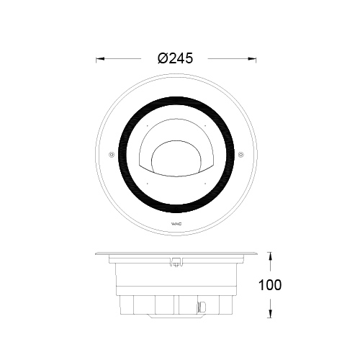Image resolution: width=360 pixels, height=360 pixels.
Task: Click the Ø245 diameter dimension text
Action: [176, 59]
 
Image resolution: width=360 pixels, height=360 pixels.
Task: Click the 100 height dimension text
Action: [270, 284]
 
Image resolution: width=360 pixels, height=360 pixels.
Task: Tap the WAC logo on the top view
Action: [176, 230]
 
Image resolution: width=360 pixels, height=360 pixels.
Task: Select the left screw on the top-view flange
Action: [110, 155]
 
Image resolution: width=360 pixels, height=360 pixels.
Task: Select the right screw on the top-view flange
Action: [242, 155]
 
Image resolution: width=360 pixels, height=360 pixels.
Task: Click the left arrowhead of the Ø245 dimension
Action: [99, 59]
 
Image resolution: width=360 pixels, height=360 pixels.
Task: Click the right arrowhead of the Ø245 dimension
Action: [254, 59]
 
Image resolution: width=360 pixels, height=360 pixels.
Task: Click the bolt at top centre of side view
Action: [176, 262]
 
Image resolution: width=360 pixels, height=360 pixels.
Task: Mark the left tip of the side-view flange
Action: [96, 253]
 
